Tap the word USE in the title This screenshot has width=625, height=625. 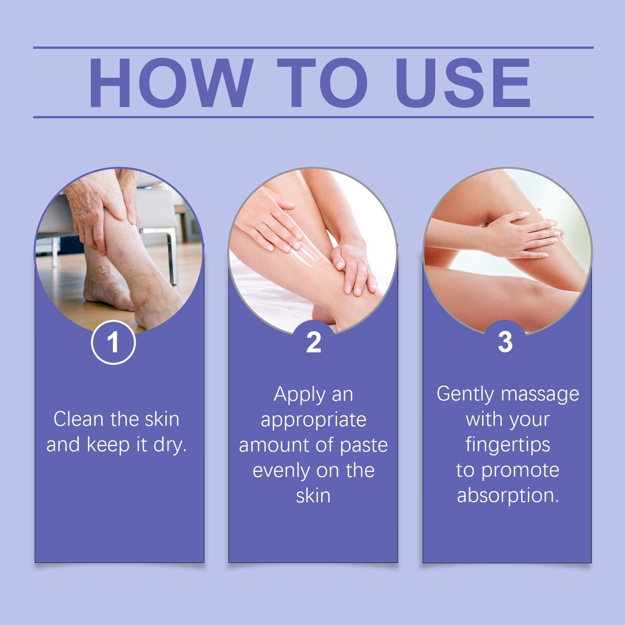pos(463,82)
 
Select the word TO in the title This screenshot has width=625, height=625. pos(322,82)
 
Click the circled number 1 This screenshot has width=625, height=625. pos(113,342)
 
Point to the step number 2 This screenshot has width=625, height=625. pos(314,342)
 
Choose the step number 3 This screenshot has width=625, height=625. pos(505,342)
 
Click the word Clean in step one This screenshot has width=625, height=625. pos(79,419)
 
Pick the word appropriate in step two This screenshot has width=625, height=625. pos(313,421)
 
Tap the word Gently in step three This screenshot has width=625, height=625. pos(466,394)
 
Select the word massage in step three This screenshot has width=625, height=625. pos(540,395)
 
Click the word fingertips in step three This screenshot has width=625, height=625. pos(508,445)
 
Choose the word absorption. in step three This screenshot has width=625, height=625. pos(508,496)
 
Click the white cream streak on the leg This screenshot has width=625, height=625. pos(307,255)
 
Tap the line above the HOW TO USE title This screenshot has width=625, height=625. pos(313,48)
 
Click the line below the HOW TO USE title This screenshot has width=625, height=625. pos(313,117)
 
